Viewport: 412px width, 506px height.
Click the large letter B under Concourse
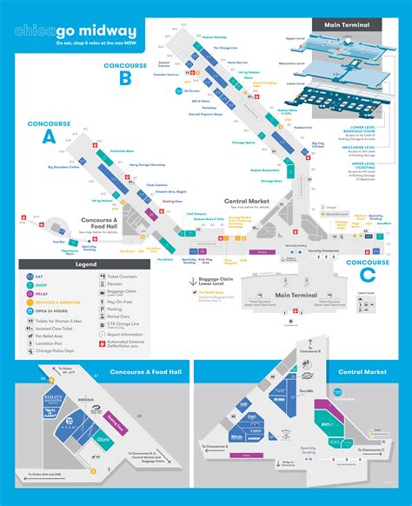[125, 77]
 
